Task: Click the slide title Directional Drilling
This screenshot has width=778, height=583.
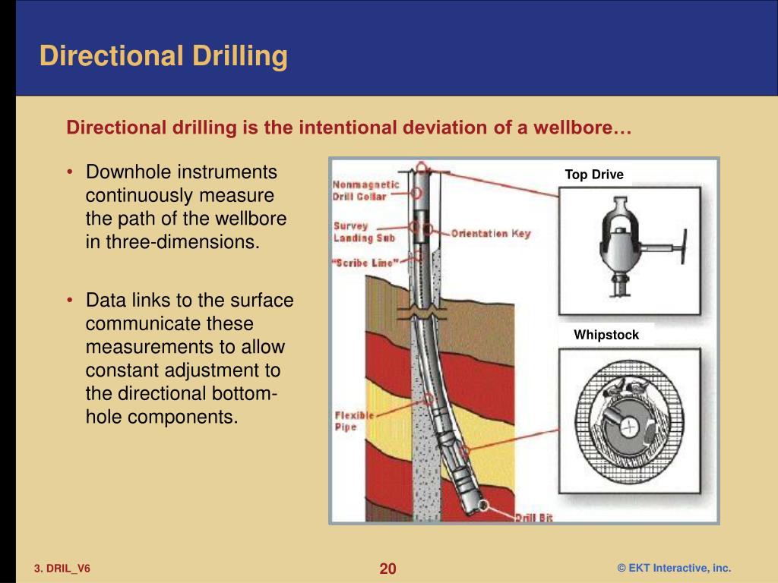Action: pyautogui.click(x=163, y=57)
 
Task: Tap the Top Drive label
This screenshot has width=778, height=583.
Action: pyautogui.click(x=593, y=175)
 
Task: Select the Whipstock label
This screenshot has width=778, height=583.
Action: pyautogui.click(x=606, y=335)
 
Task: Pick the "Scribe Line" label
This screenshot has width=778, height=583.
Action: pyautogui.click(x=365, y=263)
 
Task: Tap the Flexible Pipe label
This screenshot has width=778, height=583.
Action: pyautogui.click(x=353, y=422)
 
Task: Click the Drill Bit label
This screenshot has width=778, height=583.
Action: pyautogui.click(x=533, y=518)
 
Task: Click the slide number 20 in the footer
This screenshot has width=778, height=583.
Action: pyautogui.click(x=388, y=569)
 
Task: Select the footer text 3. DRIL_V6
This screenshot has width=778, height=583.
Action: pyautogui.click(x=62, y=569)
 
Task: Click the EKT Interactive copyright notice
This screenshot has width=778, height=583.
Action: pyautogui.click(x=673, y=569)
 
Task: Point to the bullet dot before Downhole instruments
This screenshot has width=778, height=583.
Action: pyautogui.click(x=70, y=172)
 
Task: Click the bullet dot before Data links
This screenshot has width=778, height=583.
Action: pyautogui.click(x=70, y=301)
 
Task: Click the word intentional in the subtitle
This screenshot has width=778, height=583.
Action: pyautogui.click(x=346, y=128)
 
